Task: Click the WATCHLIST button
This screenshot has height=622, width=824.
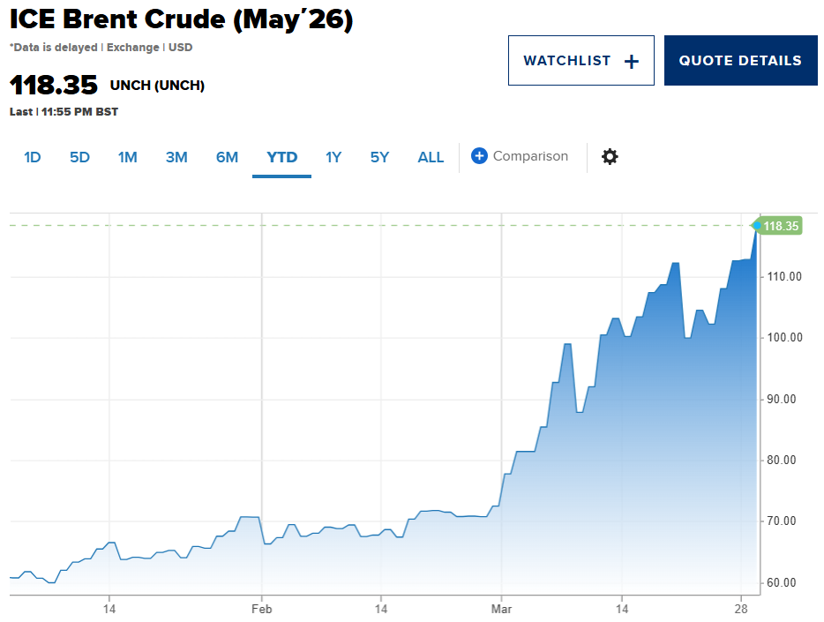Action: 581,61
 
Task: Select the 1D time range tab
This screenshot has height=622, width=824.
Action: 33,157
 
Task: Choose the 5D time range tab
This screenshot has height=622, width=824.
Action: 79,157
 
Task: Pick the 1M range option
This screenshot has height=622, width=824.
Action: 127,157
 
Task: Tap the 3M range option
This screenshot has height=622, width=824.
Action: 176,157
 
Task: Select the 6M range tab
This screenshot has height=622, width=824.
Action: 227,157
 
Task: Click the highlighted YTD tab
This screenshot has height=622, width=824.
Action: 281,157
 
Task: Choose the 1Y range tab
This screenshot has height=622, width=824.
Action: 333,157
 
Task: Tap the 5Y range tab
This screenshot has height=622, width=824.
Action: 379,157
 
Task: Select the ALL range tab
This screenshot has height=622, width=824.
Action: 431,157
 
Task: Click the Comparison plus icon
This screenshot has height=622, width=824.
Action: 479,156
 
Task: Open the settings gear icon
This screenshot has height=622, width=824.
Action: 610,157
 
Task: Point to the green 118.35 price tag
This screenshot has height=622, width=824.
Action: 781,226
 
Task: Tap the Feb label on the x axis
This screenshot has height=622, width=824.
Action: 261,609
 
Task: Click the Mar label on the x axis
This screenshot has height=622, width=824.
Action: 501,609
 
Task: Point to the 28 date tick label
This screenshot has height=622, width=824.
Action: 742,609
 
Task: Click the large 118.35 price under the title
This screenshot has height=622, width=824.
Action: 53,86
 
